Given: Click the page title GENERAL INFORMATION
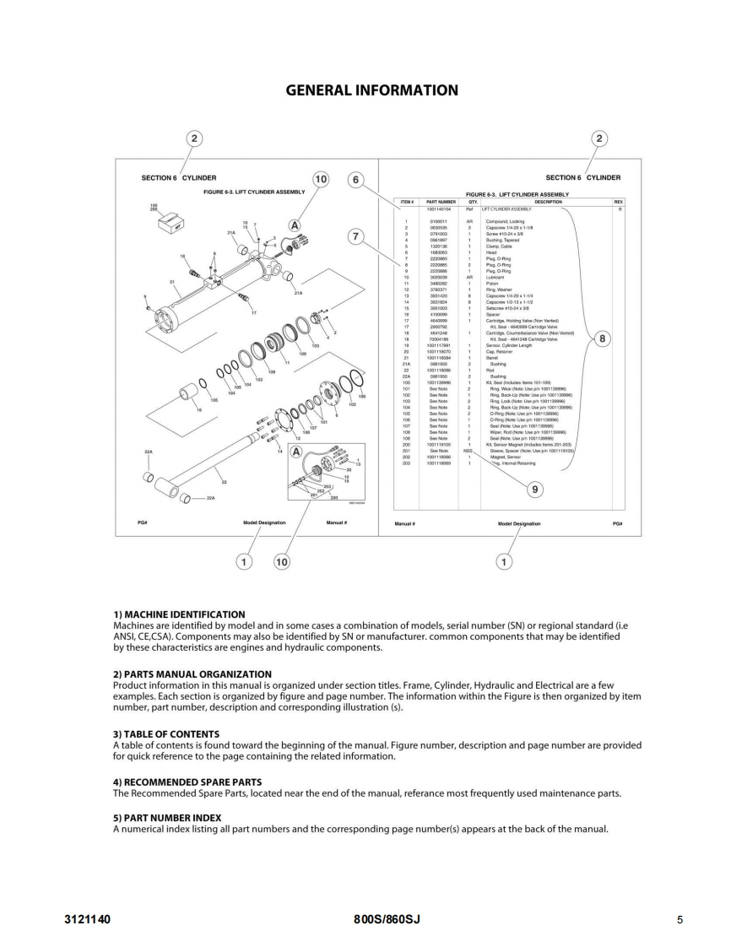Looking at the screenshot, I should click(372, 90).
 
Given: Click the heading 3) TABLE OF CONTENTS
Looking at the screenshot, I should click(166, 734).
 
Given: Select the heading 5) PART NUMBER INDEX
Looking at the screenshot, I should click(167, 817).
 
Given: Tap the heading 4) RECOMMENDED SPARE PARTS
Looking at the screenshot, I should click(187, 782).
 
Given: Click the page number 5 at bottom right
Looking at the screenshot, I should click(680, 918).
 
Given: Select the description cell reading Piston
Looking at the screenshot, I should click(491, 283).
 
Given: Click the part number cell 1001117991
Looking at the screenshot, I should click(441, 345).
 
